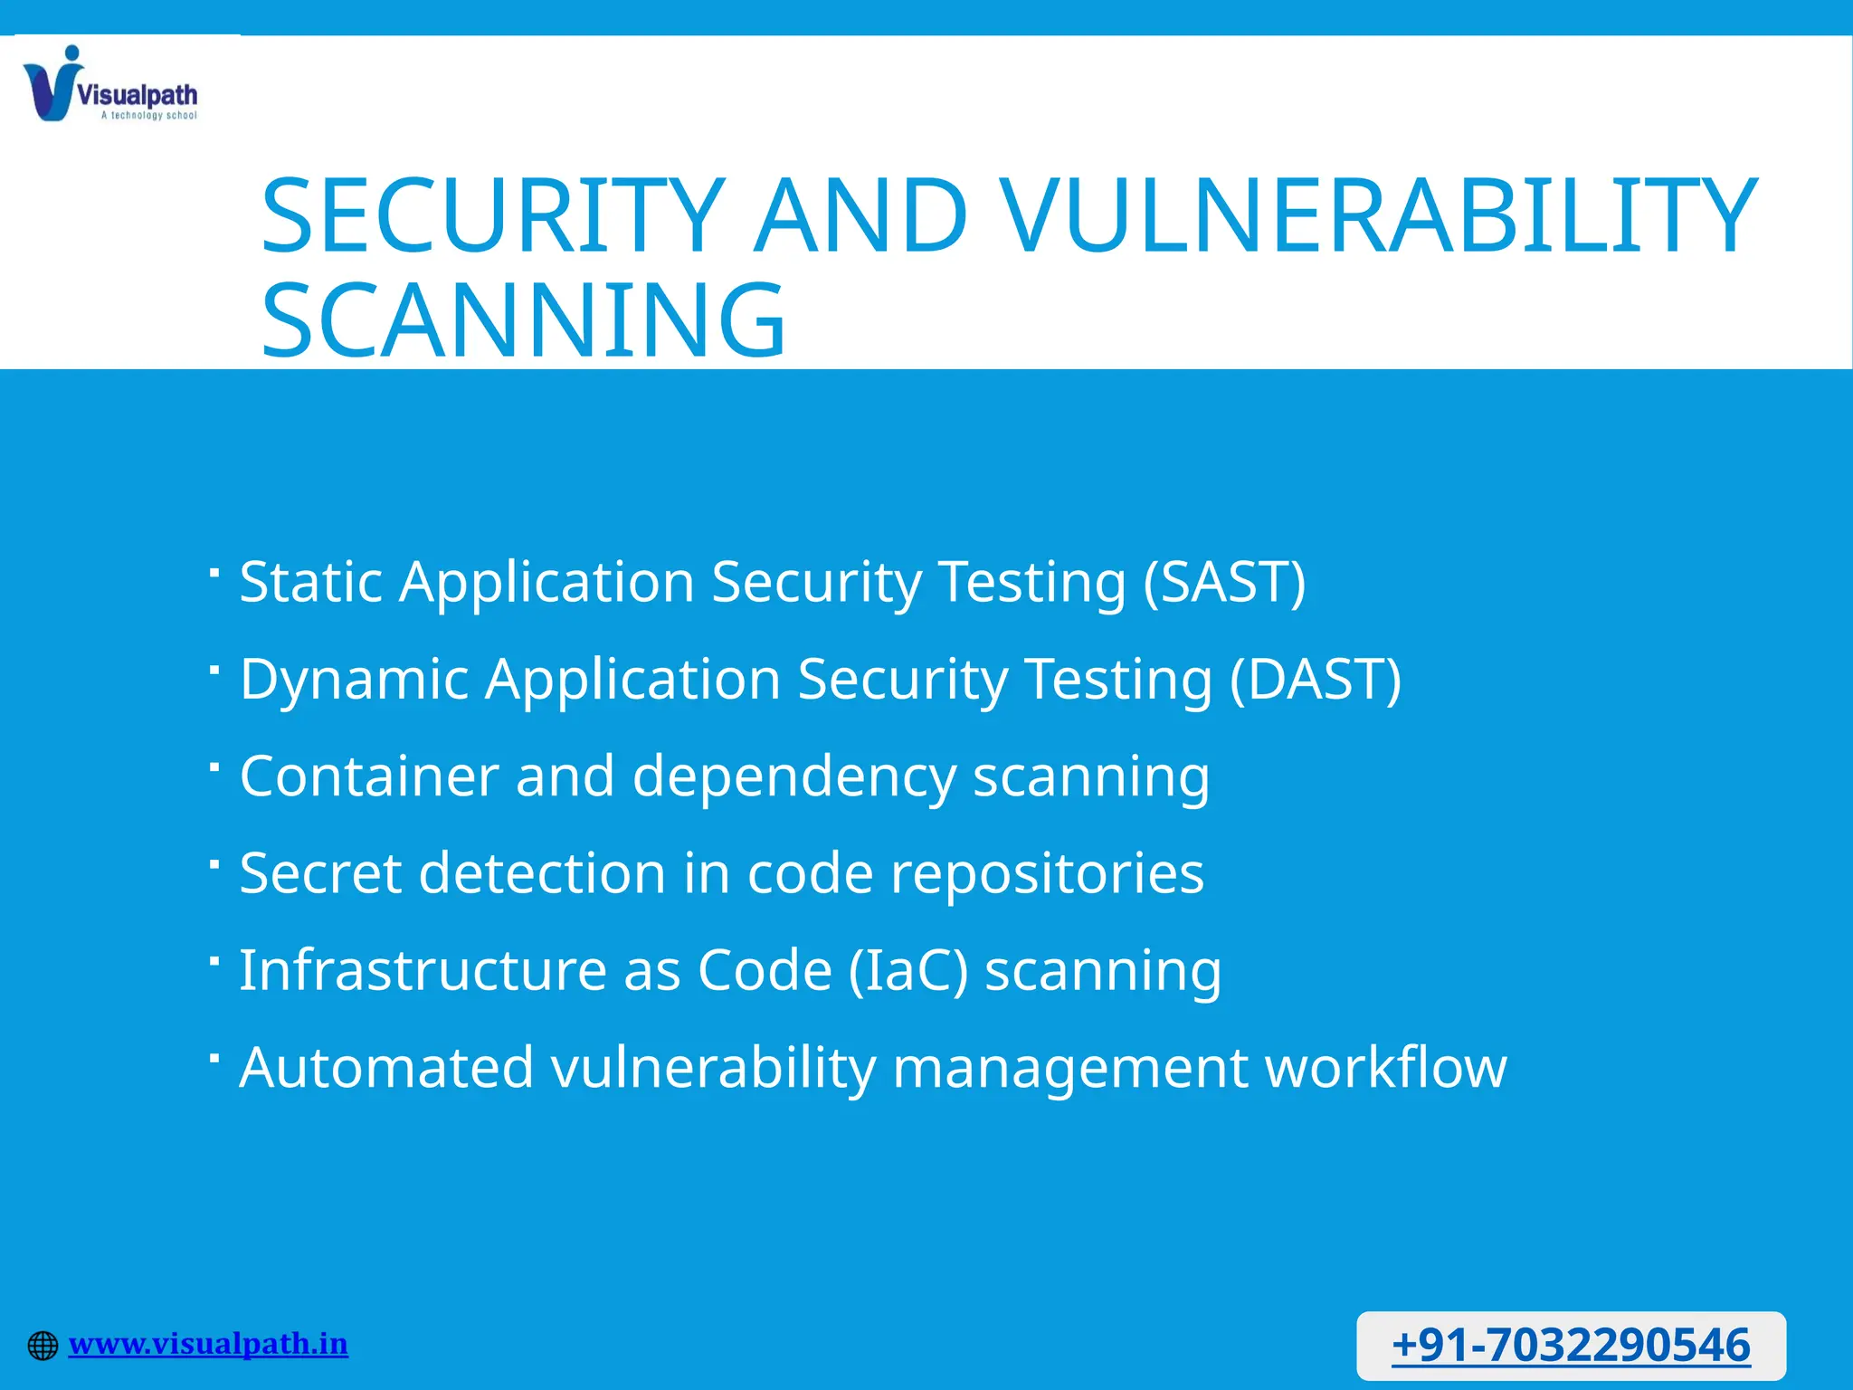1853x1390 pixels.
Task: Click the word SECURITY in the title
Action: point(493,217)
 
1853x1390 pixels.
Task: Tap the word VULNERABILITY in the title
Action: point(1380,217)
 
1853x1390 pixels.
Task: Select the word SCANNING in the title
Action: point(523,321)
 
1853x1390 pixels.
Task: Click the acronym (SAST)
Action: point(1224,581)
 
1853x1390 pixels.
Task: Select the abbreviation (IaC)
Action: point(908,971)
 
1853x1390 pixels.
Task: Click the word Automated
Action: point(386,1068)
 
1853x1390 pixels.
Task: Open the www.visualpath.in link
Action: point(208,1344)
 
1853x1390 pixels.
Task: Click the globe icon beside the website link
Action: point(43,1346)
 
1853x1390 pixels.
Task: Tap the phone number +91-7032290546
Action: point(1571,1345)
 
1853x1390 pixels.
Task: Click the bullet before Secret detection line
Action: point(214,864)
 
